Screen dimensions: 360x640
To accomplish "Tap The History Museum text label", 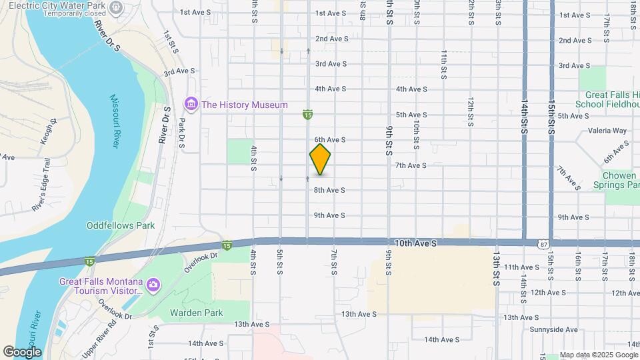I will (245, 105).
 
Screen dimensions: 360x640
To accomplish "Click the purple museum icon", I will (191, 105).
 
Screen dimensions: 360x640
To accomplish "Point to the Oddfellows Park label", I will (121, 225).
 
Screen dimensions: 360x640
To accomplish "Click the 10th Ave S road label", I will (415, 244).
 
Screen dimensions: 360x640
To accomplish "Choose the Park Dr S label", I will (181, 131).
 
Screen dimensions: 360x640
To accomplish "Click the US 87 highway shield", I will (545, 245).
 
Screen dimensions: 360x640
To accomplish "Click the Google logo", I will (22, 352).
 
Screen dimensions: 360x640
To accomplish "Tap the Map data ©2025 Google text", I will (598, 355).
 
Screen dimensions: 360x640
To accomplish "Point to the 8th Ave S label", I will (329, 190).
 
